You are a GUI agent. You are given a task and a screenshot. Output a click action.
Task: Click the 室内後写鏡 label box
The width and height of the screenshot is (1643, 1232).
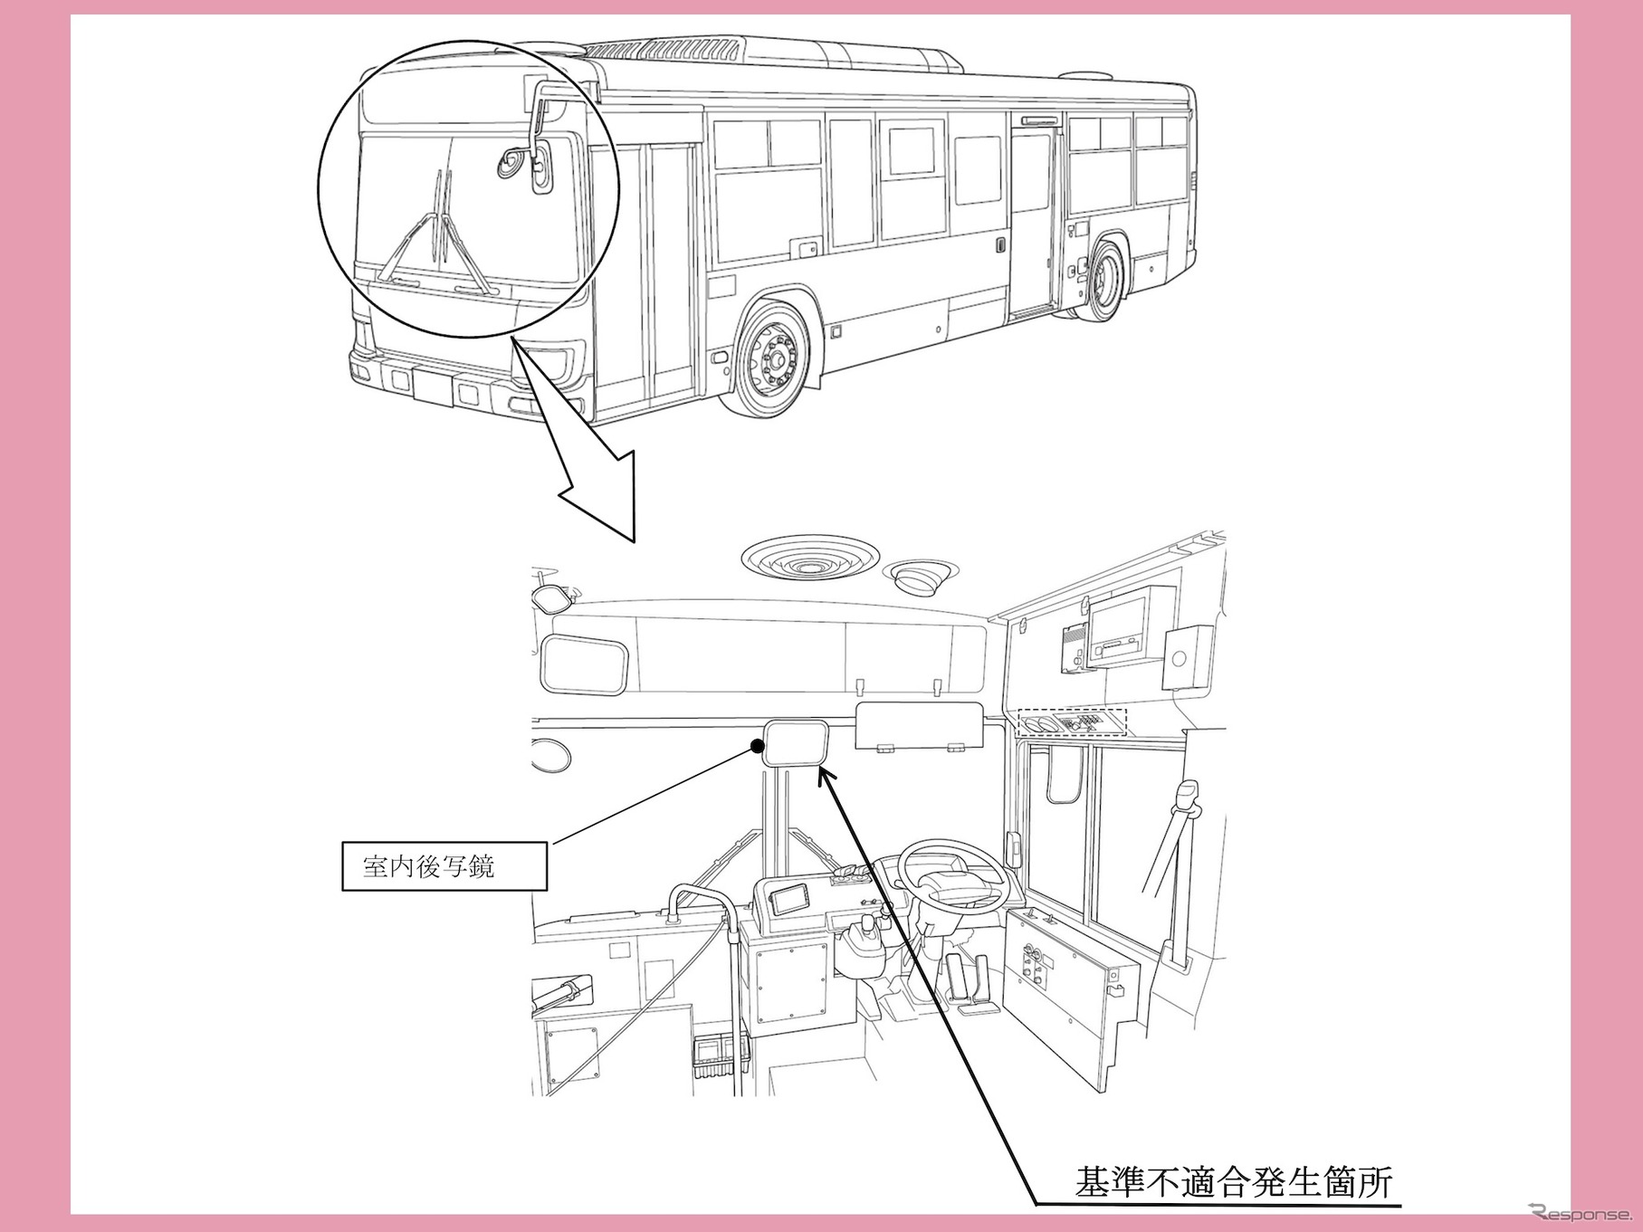coord(444,866)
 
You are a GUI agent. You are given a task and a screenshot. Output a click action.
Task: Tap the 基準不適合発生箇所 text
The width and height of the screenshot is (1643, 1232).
coord(1233,1182)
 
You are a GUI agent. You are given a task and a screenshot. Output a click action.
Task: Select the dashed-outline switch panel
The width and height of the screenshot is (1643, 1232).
coord(1072,721)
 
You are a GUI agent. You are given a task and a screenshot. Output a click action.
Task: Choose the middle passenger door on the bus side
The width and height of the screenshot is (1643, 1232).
coord(1033,222)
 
